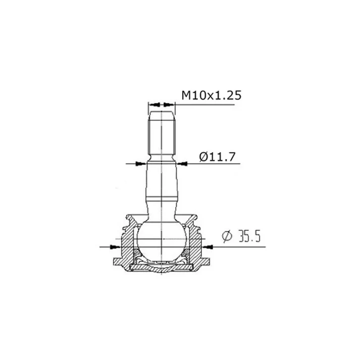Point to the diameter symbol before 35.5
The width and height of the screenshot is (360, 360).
(226, 236)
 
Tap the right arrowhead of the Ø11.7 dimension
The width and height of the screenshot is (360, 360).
(182, 163)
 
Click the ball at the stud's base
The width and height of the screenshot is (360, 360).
(161, 240)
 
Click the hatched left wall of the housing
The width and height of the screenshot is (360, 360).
(126, 245)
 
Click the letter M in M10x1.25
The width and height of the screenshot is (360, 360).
(185, 94)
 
